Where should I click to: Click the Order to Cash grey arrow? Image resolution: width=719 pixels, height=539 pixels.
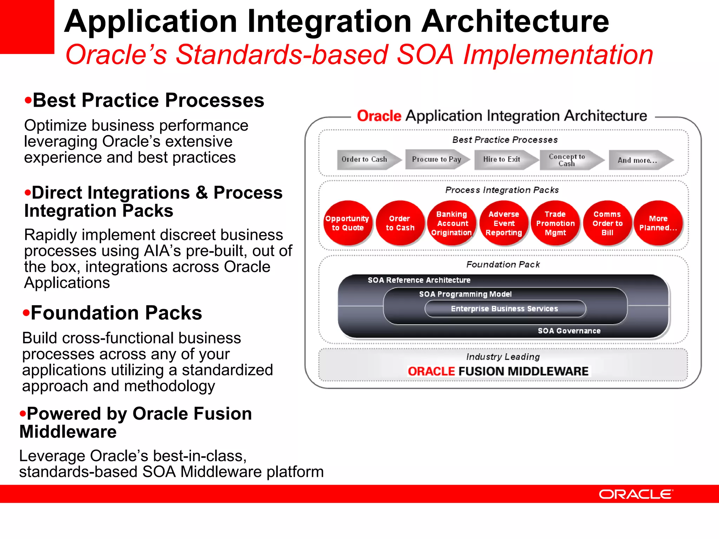367,160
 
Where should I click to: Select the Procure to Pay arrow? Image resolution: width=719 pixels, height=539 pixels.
436,160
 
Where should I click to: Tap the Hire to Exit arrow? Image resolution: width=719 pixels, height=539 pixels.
504,160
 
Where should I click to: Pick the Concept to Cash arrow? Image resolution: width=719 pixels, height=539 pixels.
569,160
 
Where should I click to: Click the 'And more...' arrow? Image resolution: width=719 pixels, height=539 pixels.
639,160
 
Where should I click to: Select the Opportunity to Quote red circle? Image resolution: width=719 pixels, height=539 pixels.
347,223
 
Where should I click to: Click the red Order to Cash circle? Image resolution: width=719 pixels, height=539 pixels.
400,223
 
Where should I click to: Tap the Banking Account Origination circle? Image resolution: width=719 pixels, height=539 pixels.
451,223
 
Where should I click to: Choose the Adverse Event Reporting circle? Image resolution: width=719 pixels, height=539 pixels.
504,223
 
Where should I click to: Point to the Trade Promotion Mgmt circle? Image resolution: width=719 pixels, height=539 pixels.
555,223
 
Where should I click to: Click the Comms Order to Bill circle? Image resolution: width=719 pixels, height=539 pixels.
607,223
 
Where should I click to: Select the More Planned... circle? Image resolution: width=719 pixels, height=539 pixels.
658,223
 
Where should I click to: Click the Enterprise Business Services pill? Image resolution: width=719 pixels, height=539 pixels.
505,309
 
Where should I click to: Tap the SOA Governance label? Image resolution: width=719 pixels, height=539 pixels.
569,331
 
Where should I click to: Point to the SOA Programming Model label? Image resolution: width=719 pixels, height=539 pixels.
465,294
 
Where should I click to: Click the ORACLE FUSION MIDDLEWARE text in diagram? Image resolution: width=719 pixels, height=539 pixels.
498,371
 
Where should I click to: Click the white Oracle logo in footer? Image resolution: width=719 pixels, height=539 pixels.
636,494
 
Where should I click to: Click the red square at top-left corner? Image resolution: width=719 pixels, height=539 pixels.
27,27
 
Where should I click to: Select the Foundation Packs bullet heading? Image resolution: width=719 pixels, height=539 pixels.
116,313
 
